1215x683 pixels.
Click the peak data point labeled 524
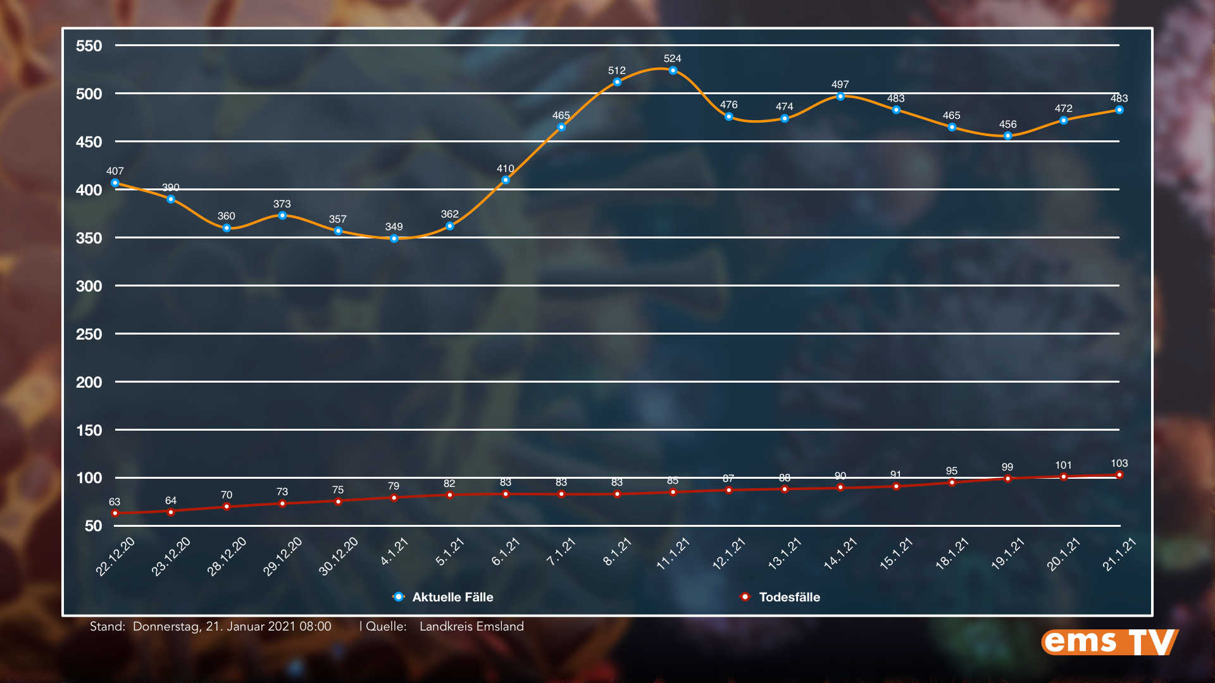click(x=673, y=71)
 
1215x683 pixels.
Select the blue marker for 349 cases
click(x=394, y=239)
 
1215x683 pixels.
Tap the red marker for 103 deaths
click(x=1119, y=475)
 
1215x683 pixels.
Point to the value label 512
click(x=616, y=71)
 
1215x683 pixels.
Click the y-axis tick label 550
click(x=89, y=46)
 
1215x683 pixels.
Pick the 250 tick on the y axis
click(x=89, y=335)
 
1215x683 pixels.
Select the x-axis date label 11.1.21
click(x=673, y=554)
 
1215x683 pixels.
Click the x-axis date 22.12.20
click(x=115, y=557)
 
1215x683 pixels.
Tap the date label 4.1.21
click(x=394, y=551)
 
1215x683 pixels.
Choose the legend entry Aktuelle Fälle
click(x=452, y=597)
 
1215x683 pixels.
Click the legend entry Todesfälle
click(x=788, y=597)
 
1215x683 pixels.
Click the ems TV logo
click(x=1110, y=643)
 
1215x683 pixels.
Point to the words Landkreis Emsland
click(x=471, y=627)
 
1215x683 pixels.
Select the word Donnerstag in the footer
click(x=166, y=627)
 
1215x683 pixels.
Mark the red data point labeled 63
click(x=115, y=514)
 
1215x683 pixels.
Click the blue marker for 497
click(x=840, y=97)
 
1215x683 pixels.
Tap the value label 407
click(x=115, y=171)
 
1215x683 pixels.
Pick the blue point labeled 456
click(x=1007, y=136)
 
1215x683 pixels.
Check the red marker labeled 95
click(x=952, y=483)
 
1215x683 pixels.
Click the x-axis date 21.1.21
click(x=1119, y=555)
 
